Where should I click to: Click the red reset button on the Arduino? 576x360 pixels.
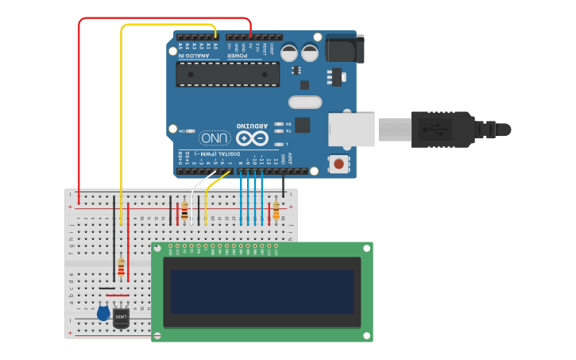[x=339, y=165]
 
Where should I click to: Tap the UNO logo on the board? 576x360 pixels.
[x=215, y=137]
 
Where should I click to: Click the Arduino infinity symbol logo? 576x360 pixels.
[x=250, y=137]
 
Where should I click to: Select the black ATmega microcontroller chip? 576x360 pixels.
[x=227, y=75]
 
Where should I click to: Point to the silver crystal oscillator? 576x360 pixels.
[x=304, y=102]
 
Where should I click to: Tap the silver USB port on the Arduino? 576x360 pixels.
[x=351, y=130]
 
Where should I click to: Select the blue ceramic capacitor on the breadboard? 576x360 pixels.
[x=103, y=313]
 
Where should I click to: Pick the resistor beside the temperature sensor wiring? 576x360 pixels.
[x=121, y=268]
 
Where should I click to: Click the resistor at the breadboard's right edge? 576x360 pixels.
[x=276, y=210]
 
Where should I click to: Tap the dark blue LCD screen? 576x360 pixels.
[x=261, y=292]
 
